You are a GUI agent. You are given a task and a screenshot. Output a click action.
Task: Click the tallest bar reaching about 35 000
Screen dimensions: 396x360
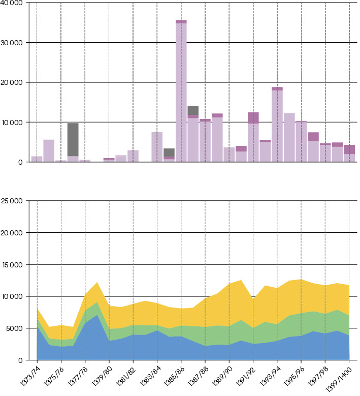(x=181, y=92)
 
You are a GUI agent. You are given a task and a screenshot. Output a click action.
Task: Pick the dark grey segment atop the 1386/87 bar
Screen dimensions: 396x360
(x=193, y=110)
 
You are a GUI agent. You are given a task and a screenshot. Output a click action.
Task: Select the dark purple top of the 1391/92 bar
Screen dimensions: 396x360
(x=253, y=117)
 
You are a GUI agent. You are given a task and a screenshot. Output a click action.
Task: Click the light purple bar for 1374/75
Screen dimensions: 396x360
(x=49, y=150)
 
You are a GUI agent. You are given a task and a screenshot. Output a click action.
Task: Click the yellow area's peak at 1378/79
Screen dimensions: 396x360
(x=97, y=283)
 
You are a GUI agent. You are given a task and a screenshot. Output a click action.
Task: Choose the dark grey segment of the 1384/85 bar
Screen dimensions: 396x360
(x=169, y=152)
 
